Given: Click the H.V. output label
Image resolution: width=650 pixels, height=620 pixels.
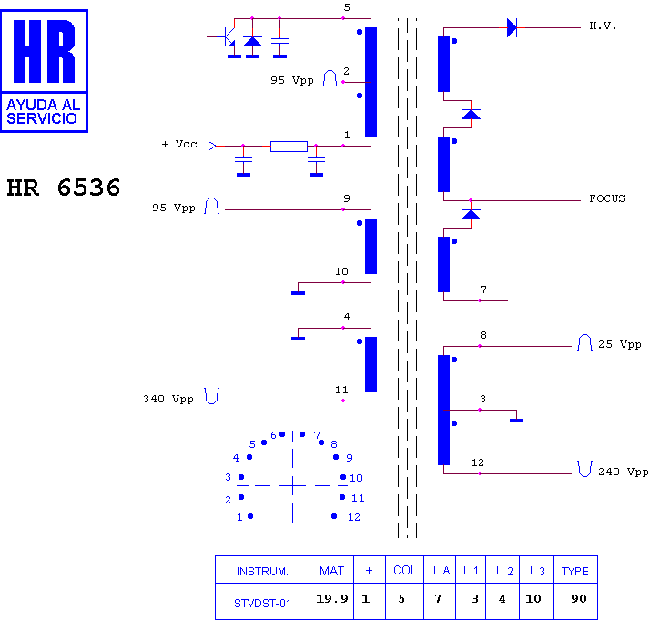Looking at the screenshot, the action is point(603,26).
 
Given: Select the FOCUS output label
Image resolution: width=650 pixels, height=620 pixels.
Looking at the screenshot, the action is point(607,198).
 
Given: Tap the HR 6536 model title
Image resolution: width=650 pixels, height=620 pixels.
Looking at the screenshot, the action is point(64,188).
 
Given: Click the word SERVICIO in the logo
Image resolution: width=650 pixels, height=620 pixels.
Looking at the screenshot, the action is point(42,118).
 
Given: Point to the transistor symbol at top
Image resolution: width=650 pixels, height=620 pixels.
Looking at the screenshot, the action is point(228,37).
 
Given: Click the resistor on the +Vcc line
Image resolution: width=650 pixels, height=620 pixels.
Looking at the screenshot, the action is point(289,147).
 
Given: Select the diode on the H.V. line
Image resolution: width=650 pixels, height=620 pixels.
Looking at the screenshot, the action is point(512,27).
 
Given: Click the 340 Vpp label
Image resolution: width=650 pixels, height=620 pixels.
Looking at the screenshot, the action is point(168,399).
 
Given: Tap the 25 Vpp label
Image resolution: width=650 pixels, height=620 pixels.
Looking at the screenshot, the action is point(619,344).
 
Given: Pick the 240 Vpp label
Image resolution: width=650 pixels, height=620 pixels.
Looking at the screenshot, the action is point(623,472).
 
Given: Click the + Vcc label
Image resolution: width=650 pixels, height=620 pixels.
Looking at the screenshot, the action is point(179,144).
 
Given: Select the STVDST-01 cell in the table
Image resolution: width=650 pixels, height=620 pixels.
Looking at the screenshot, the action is point(262,603).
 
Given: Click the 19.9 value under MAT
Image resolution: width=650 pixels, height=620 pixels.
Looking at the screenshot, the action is point(332,598).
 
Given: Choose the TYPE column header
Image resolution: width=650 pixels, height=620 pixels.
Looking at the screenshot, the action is point(575,571).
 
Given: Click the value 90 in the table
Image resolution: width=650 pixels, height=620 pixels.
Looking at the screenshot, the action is point(579,598).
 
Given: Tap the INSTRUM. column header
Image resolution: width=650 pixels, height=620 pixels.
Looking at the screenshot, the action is point(262,572).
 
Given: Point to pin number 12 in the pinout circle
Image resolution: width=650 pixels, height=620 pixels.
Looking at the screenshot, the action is point(353,517).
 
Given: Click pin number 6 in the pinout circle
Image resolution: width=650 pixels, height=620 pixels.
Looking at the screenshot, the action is point(273,435).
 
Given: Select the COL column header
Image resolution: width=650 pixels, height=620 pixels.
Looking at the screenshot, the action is point(405,570).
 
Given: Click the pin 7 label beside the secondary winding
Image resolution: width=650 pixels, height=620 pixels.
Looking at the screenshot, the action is point(483,290).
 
